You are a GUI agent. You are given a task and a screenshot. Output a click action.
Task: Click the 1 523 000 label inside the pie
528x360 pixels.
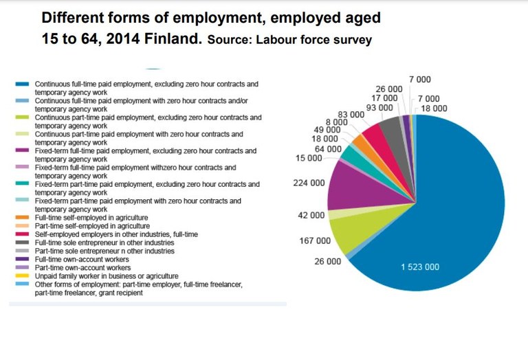click(x=420, y=267)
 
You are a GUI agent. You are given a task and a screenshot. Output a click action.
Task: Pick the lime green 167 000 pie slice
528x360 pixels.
click(x=361, y=230)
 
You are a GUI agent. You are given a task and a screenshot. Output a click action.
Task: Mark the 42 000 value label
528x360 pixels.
click(x=311, y=215)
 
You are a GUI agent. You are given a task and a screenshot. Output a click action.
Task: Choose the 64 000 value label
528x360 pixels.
click(x=327, y=149)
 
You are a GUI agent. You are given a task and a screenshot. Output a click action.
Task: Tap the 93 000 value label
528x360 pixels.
click(x=379, y=108)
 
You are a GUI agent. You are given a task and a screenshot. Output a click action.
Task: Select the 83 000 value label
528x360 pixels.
click(x=351, y=114)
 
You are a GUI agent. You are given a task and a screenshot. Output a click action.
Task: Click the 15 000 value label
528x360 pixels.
click(x=308, y=159)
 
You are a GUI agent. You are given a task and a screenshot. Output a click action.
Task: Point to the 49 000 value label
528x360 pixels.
click(x=327, y=130)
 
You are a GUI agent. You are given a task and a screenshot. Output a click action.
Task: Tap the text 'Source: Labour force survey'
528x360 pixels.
click(x=289, y=40)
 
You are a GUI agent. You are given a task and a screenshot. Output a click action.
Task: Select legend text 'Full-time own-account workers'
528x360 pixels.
click(x=83, y=259)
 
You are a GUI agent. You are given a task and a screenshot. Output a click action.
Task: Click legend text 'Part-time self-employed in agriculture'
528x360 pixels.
click(x=92, y=226)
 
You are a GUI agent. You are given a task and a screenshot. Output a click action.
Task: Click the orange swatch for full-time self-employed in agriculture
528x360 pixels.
click(x=22, y=218)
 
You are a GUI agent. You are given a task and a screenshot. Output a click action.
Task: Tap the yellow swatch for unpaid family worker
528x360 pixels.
click(x=22, y=276)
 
